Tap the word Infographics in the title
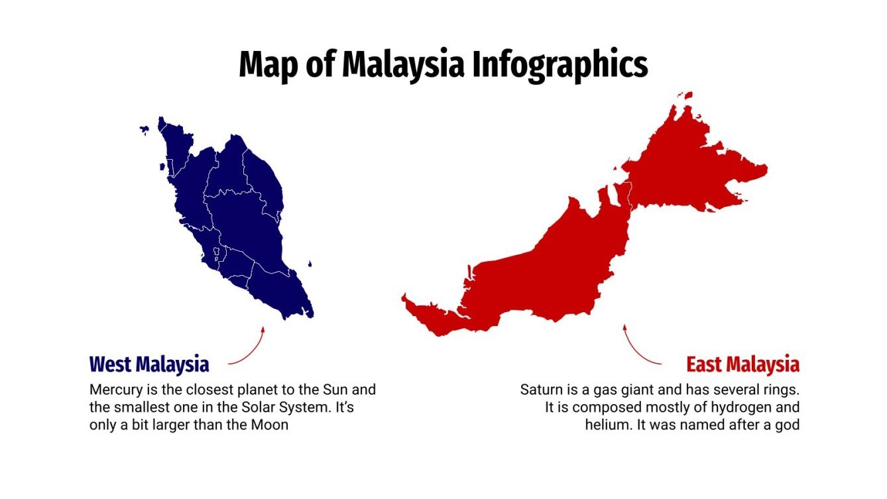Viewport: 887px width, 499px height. click(560, 65)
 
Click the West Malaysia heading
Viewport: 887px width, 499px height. click(149, 364)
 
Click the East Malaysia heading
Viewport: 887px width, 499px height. click(742, 364)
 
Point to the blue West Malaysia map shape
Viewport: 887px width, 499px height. click(239, 219)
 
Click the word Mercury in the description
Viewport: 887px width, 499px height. click(114, 390)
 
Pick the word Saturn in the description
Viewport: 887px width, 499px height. click(540, 390)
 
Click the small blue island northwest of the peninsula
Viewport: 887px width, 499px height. click(144, 130)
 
